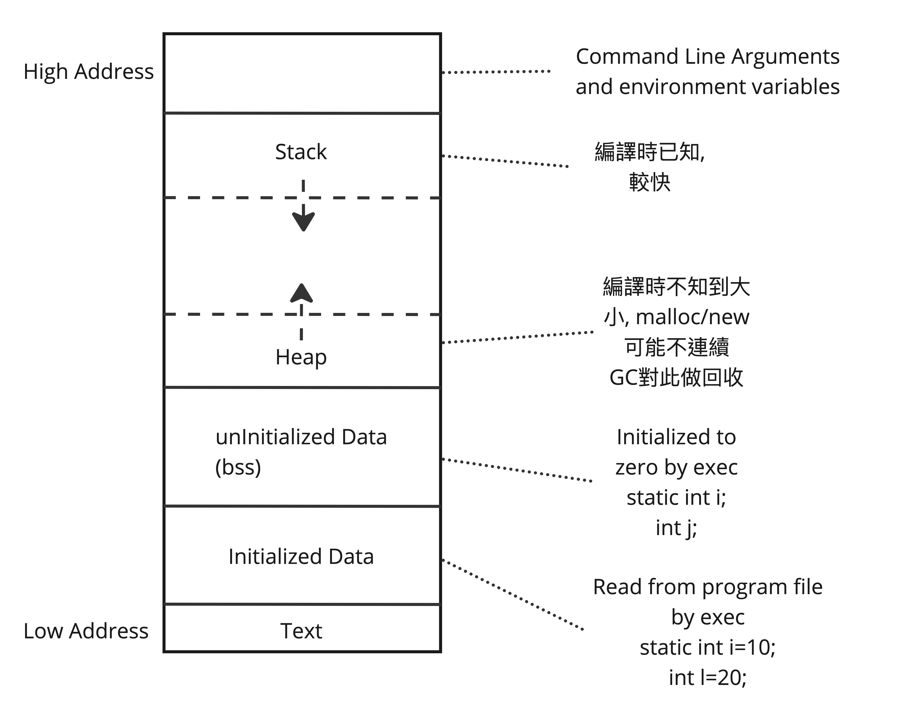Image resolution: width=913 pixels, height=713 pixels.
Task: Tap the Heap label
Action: [301, 358]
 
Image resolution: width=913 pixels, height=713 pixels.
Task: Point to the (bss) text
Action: [238, 467]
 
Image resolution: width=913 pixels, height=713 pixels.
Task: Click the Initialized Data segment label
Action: [301, 557]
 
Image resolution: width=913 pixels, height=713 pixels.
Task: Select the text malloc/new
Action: [693, 317]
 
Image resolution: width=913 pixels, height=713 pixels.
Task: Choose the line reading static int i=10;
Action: [707, 647]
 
